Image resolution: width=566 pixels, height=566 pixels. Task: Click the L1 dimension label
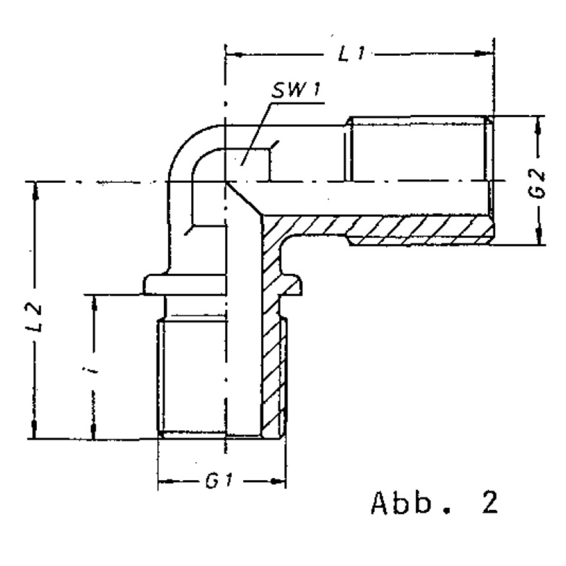pos(352,54)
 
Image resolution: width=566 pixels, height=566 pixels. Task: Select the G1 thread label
pos(219,481)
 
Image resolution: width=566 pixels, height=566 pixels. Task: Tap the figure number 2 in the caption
pos(490,502)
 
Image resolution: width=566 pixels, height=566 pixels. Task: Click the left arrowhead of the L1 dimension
pos(234,55)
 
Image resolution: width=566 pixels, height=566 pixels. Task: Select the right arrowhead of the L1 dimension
pos(484,54)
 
